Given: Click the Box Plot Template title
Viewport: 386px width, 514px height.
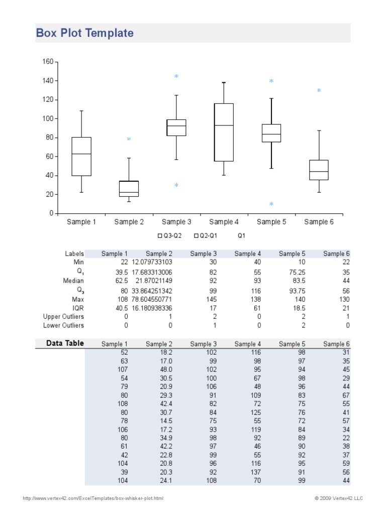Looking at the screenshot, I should point(84,34).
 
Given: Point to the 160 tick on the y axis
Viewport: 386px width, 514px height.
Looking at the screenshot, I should point(48,62).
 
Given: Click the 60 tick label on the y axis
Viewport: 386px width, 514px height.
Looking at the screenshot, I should point(49,157).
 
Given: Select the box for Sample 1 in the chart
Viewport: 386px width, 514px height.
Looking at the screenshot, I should point(81,156).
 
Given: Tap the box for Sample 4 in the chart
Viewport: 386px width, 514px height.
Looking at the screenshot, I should point(224,132).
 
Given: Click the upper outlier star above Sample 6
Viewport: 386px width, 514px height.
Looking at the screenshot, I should point(319,91).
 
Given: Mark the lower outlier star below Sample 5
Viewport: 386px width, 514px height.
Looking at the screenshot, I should point(271,204).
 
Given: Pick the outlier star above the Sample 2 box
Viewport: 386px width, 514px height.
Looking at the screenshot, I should point(129,140).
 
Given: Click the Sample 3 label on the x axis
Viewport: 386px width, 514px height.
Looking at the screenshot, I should point(176,222).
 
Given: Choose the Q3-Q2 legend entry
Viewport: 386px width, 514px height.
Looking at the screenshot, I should point(169,235).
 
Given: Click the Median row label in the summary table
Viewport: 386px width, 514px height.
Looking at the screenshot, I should point(73,281).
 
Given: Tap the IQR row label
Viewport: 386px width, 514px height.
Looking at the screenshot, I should point(78,308).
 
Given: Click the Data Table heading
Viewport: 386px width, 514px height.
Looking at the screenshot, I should point(65,343).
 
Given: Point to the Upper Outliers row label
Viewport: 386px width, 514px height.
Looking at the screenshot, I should point(63,317).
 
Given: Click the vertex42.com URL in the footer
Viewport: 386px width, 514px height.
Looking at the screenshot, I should point(93,498).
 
